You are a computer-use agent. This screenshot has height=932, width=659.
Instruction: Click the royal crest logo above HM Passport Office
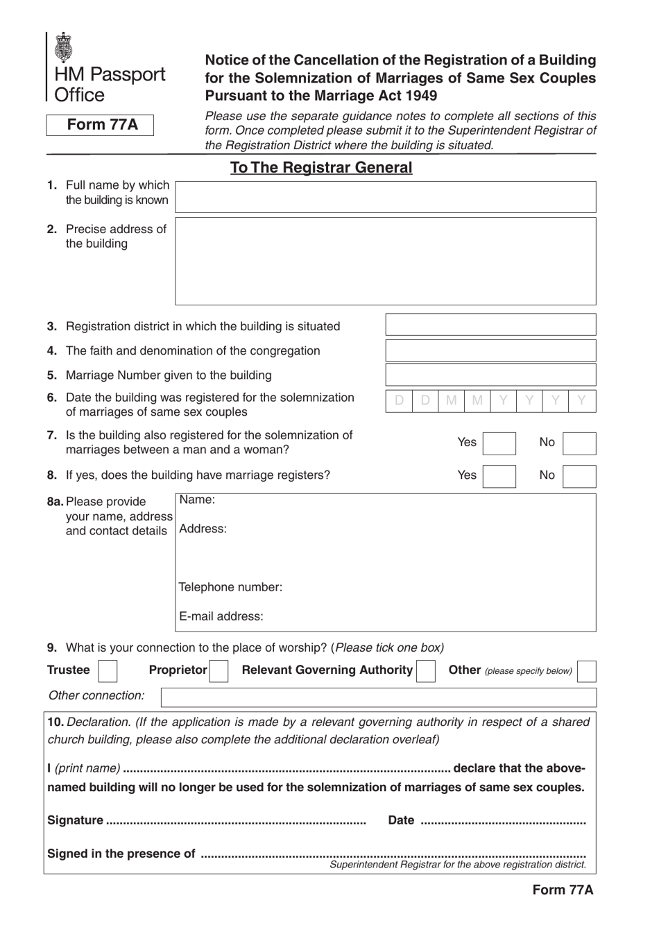[63, 47]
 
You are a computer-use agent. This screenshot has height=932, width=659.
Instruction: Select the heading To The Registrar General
[320, 168]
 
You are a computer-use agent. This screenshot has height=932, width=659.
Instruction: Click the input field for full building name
[385, 197]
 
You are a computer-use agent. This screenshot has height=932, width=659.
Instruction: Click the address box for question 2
[385, 261]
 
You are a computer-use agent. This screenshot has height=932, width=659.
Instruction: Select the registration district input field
[490, 325]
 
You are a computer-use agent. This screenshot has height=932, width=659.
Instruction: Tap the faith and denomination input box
[490, 350]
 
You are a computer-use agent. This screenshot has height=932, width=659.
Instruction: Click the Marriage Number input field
[490, 375]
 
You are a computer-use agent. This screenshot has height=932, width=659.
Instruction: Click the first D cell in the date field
[399, 400]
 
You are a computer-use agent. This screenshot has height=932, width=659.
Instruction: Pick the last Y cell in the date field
[582, 400]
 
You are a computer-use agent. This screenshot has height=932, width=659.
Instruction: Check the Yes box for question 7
[499, 443]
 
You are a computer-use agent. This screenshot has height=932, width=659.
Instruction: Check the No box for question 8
[579, 476]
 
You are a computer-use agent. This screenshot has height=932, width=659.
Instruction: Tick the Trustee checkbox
[108, 671]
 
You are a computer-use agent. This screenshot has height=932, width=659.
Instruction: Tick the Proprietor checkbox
[219, 671]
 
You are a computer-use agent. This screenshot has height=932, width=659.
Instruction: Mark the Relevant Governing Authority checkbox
[426, 671]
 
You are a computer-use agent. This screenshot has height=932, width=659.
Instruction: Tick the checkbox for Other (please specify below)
[586, 671]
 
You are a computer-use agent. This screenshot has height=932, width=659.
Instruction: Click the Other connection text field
[378, 697]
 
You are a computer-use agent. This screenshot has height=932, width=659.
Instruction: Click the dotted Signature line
[236, 821]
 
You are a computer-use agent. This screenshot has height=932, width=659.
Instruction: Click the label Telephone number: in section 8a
[230, 587]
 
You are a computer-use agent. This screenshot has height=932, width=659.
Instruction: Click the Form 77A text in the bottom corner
[563, 890]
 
